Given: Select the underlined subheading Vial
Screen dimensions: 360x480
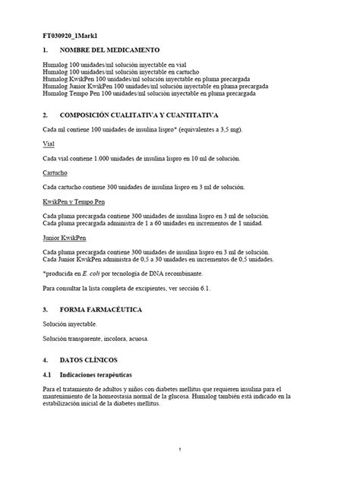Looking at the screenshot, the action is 49,144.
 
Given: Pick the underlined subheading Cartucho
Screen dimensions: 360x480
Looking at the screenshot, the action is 55,172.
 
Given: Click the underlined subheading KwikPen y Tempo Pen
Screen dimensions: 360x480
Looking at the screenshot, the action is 74,202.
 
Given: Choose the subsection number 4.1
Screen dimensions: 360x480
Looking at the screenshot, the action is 47,374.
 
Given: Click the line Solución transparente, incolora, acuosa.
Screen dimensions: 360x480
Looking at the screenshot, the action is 96,338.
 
